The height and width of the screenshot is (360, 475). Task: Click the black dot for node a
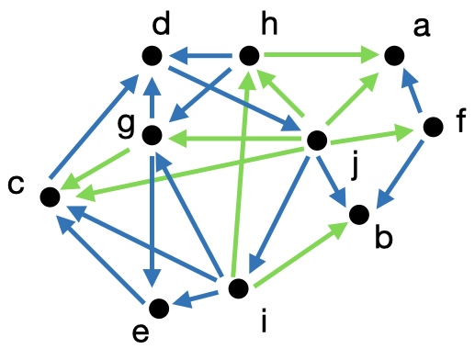click(x=393, y=56)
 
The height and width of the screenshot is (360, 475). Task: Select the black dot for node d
click(x=153, y=56)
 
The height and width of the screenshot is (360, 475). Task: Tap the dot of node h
click(x=247, y=56)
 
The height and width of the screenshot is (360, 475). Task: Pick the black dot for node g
click(x=153, y=137)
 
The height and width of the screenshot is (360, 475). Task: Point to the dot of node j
click(x=317, y=141)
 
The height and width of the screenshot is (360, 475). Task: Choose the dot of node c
click(x=51, y=196)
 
